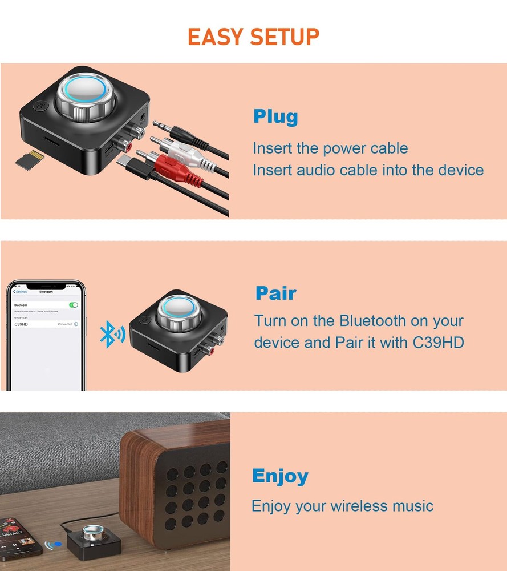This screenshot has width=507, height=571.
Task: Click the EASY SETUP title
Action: tap(253, 37)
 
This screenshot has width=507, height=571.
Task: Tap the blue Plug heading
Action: tap(275, 117)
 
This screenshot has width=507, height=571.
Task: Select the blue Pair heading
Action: tap(276, 293)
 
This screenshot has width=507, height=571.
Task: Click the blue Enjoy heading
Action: tap(280, 476)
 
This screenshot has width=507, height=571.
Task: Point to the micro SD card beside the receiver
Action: tap(29, 159)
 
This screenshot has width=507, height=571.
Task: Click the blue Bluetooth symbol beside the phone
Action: tap(112, 335)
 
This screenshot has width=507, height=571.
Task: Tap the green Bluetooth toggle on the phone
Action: tap(74, 305)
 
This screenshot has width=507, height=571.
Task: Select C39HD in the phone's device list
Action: tap(22, 324)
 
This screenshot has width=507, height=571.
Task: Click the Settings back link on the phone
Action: tap(20, 291)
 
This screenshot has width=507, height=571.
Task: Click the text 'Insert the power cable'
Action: tap(330, 148)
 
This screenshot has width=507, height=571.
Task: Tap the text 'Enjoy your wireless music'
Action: tap(342, 506)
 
